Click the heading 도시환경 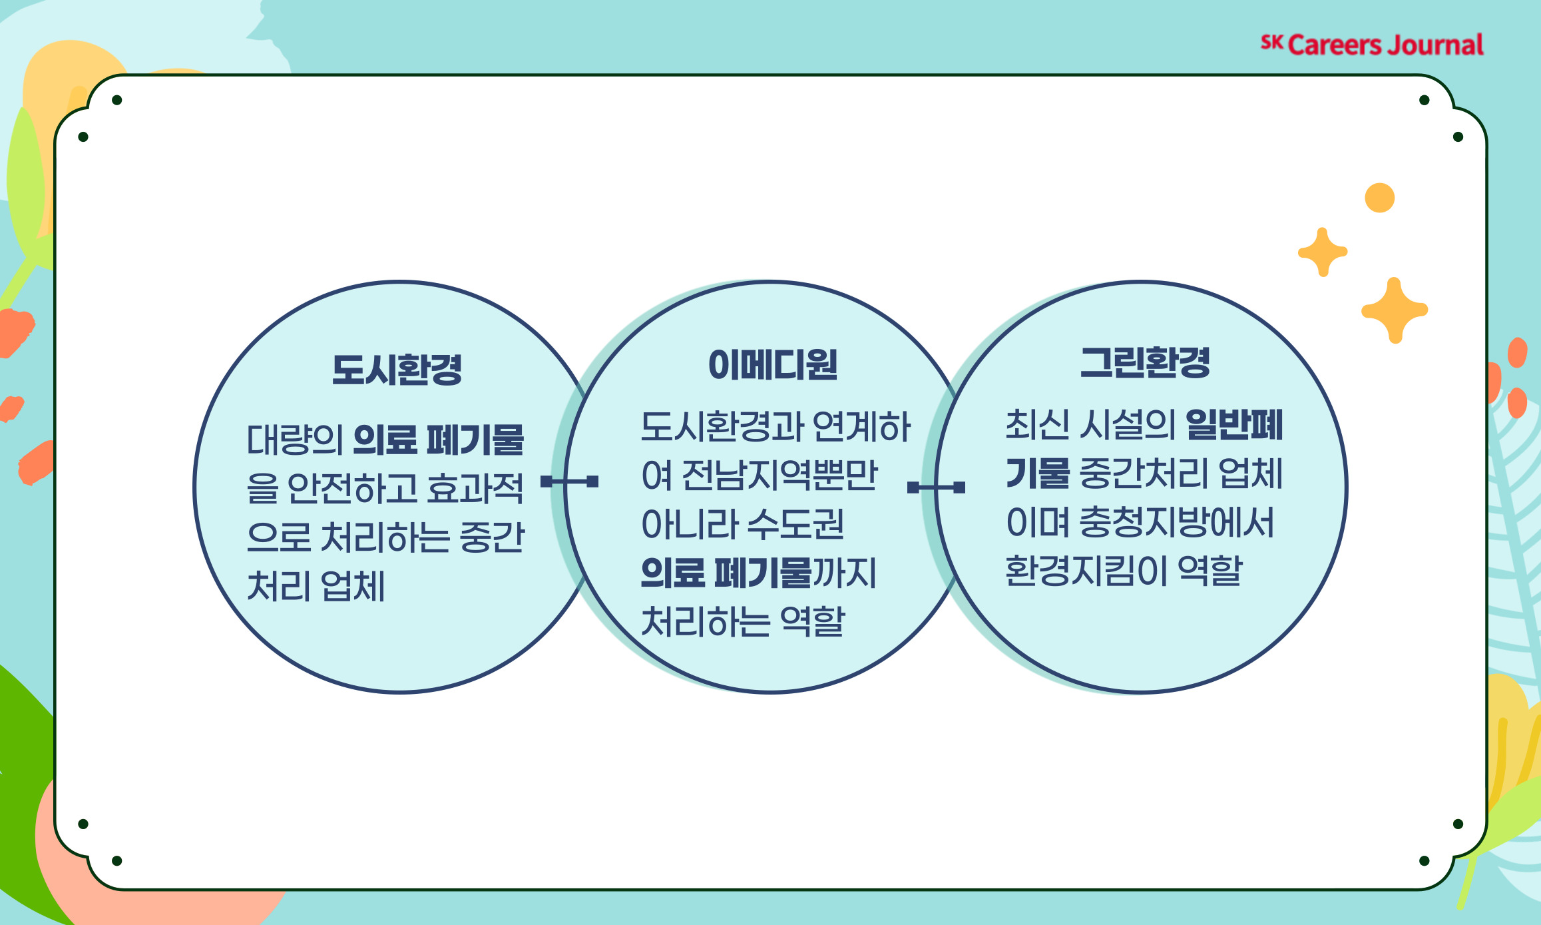click(397, 370)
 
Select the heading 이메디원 click(772, 365)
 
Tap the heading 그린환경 click(1145, 363)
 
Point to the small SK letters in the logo click(1271, 43)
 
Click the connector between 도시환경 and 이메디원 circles click(569, 481)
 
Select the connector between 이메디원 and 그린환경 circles click(936, 487)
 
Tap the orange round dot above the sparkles click(1379, 198)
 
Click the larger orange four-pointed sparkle click(1395, 310)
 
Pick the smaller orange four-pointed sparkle click(1323, 252)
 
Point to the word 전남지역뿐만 click(779, 475)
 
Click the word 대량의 click(295, 440)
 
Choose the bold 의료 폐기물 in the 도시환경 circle click(439, 440)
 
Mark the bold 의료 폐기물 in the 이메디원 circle click(726, 573)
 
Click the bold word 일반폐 click(1234, 425)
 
